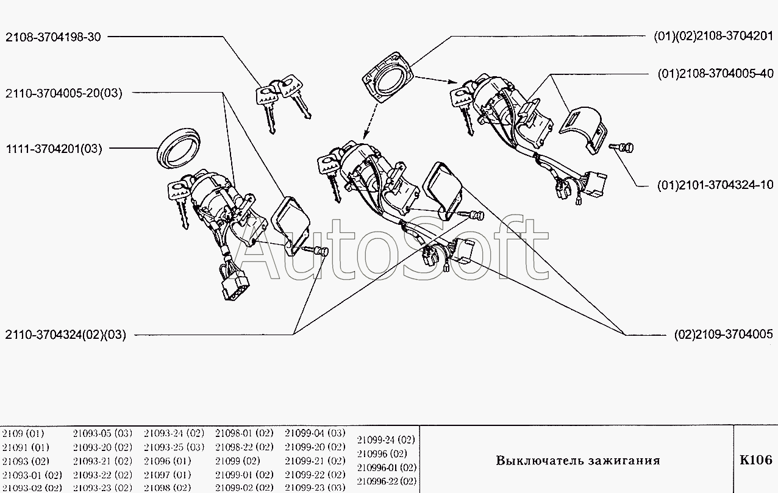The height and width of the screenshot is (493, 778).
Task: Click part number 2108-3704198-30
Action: coord(53,37)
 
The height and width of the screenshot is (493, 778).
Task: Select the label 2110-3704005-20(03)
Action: coord(64,93)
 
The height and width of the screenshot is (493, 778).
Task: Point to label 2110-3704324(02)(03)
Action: coord(65,335)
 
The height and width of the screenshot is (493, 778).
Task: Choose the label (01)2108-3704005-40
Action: coord(715,74)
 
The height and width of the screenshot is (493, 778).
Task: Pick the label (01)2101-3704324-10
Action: coord(715,185)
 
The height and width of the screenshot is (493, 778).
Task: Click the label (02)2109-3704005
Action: coord(723,335)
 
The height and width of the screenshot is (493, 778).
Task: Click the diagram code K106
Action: coord(755,460)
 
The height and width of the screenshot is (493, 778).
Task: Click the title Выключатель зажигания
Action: coord(577,461)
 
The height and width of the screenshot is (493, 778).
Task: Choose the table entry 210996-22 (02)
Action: coord(386,481)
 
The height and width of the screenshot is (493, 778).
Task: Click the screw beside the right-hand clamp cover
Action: coord(626,147)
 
